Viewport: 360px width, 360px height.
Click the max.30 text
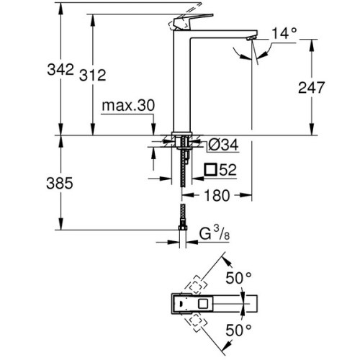click(x=128, y=105)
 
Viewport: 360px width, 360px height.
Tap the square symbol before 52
click(x=211, y=170)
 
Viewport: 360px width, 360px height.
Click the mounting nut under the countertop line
click(x=184, y=142)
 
